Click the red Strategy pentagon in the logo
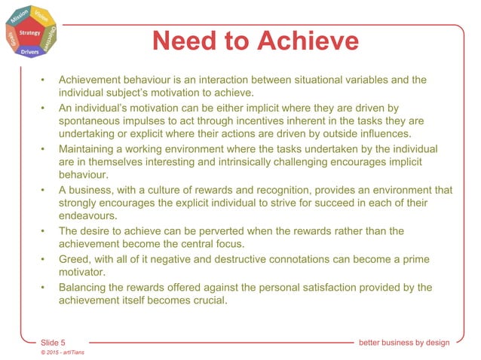coord(31,34)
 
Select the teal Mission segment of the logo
coord(19,15)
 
